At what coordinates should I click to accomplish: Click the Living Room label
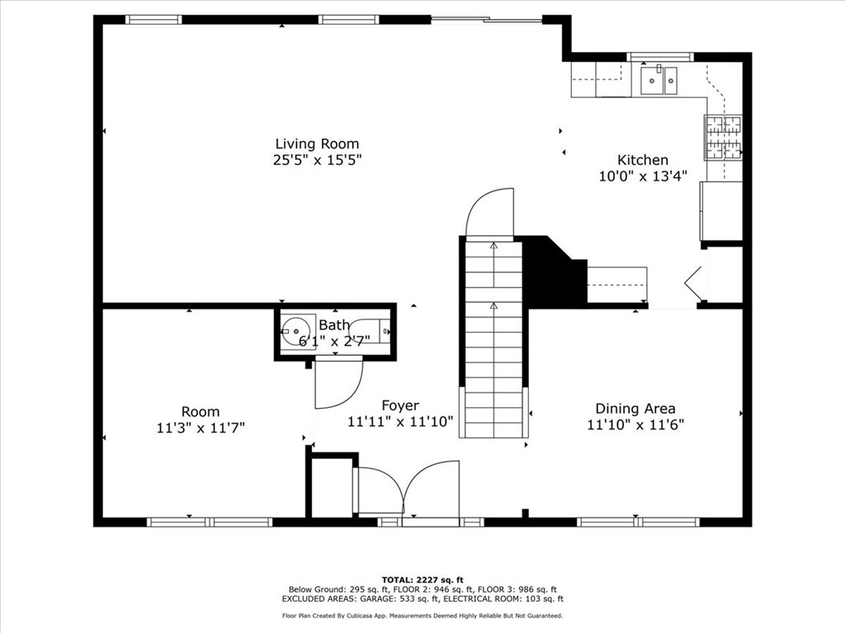pos(317,143)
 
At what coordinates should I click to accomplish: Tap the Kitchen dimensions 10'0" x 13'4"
pos(643,176)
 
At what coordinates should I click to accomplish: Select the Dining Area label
pos(635,409)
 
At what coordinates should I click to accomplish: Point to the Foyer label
pos(400,406)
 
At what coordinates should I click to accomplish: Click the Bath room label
pos(334,325)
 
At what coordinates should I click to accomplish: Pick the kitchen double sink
pos(659,80)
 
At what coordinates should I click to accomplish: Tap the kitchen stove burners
pos(723,138)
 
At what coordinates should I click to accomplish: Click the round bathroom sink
pos(296,331)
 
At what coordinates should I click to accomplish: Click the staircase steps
pos(494,340)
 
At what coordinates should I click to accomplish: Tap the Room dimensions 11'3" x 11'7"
pos(201,428)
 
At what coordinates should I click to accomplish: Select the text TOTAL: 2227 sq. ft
pos(422,579)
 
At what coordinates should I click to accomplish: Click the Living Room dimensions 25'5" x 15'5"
pos(317,160)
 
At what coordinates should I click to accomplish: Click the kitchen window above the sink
pos(659,57)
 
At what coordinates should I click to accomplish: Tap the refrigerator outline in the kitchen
pos(721,211)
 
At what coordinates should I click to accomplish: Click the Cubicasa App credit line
pos(422,615)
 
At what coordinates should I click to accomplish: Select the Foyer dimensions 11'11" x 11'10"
pos(400,421)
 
